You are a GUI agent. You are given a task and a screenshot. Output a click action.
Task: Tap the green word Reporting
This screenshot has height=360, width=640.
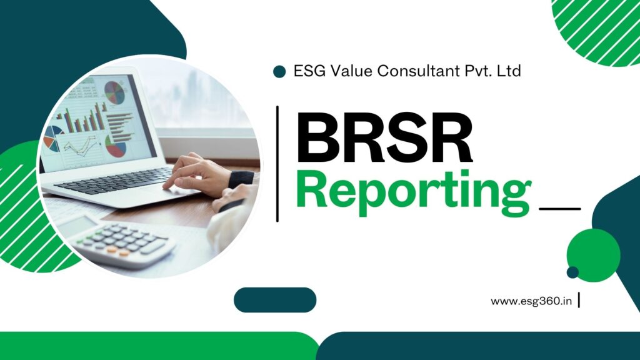pyautogui.click(x=414, y=192)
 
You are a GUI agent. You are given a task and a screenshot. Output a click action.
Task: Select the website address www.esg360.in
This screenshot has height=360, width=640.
pyautogui.click(x=531, y=301)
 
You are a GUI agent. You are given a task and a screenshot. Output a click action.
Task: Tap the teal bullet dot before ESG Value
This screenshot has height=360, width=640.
pyautogui.click(x=279, y=71)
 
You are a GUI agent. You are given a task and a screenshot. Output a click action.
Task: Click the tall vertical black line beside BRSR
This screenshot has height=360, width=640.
pyautogui.click(x=277, y=164)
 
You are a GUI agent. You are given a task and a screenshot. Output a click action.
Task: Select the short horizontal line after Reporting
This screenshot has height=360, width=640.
pyautogui.click(x=560, y=209)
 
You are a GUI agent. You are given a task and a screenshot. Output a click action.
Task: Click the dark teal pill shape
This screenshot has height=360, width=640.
pyautogui.click(x=275, y=300)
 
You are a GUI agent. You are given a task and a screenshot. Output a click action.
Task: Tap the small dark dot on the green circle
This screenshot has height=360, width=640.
pyautogui.click(x=572, y=272)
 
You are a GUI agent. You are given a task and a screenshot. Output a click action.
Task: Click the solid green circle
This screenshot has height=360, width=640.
pyautogui.click(x=594, y=255)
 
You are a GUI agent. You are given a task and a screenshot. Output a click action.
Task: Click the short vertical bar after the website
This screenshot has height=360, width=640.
pyautogui.click(x=579, y=300)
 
